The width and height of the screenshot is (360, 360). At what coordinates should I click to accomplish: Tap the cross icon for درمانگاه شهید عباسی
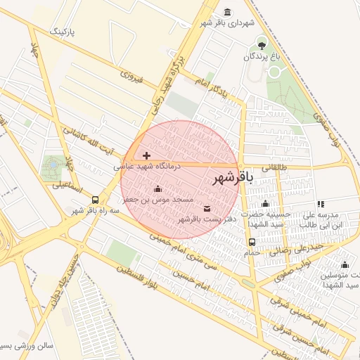(146, 155)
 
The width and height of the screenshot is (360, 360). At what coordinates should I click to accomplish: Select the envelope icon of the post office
(207, 208)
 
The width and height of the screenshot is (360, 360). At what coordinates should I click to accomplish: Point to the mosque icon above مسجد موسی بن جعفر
(157, 188)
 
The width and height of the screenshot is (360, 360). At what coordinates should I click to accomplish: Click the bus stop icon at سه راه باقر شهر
(95, 199)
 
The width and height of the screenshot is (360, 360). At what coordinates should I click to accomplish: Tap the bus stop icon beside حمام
(252, 242)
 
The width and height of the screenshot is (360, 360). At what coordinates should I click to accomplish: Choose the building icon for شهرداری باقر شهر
(227, 12)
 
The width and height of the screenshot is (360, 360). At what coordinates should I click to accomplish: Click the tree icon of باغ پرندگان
(261, 43)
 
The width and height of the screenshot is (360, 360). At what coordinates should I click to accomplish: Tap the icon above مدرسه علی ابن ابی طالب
(321, 203)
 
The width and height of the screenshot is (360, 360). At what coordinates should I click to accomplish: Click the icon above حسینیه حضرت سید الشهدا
(265, 203)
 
